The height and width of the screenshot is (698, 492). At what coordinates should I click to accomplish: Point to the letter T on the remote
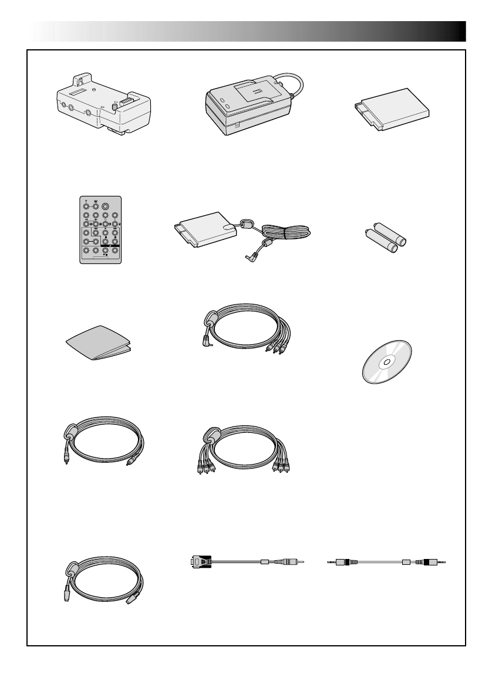click(86, 201)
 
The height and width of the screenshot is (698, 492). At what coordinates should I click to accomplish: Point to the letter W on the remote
click(95, 201)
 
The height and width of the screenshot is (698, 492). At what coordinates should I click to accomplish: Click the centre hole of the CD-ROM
click(385, 362)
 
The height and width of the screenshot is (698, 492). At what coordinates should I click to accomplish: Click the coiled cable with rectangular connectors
click(103, 578)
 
